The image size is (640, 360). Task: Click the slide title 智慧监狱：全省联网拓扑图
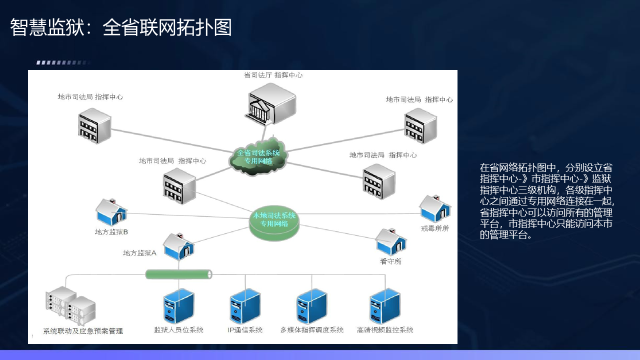pos(121,28)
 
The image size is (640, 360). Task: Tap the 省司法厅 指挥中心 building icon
pos(271,103)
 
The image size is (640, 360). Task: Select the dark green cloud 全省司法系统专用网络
pos(258,156)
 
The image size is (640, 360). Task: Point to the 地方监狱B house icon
pos(111,212)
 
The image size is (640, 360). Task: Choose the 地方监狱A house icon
pos(178,245)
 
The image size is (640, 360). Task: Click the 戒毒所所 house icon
pos(434,208)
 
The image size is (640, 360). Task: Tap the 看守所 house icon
pos(391,242)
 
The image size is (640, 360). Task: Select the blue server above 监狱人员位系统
pos(178,306)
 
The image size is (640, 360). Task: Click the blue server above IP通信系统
pos(245,306)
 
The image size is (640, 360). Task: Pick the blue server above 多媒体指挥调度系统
pos(311,306)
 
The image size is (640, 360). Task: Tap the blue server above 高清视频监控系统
pos(384,306)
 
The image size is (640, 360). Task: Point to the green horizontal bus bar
pos(178,274)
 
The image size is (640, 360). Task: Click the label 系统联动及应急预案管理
pos(83,331)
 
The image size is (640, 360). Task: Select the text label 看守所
pos(390,261)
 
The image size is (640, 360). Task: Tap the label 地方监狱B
pos(111,232)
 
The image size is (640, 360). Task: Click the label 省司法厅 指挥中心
pos(273,75)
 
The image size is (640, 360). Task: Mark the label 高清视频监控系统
pos(385,330)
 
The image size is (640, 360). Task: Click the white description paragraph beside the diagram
pos(546,201)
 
